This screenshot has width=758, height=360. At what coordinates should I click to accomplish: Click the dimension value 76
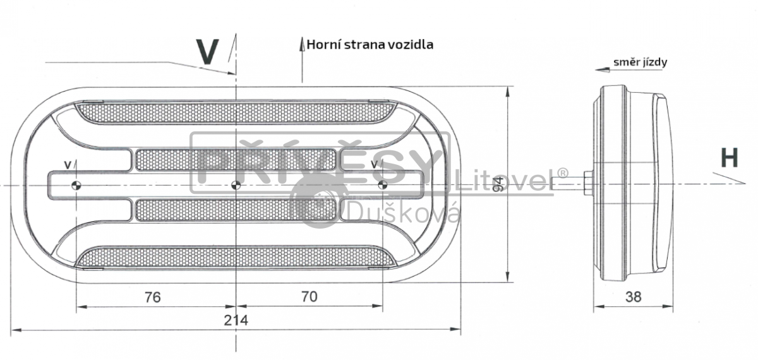click(153, 296)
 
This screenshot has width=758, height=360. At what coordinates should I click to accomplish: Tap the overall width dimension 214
click(235, 320)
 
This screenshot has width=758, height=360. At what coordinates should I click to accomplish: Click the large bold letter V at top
click(207, 52)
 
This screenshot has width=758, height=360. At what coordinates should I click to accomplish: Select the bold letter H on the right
click(730, 158)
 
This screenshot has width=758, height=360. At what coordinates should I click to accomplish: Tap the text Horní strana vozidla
click(370, 45)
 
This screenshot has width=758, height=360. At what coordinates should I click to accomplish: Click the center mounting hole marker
click(236, 184)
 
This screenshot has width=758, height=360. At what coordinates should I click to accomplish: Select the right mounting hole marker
click(382, 184)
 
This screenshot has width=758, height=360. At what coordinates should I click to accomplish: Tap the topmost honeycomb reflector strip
click(236, 112)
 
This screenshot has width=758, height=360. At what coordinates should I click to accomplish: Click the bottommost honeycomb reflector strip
click(236, 256)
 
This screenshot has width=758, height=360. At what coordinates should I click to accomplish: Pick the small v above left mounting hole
click(67, 165)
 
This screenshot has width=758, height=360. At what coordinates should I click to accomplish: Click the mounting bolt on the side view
click(587, 184)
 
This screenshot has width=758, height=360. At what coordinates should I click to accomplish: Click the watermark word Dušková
click(404, 213)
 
